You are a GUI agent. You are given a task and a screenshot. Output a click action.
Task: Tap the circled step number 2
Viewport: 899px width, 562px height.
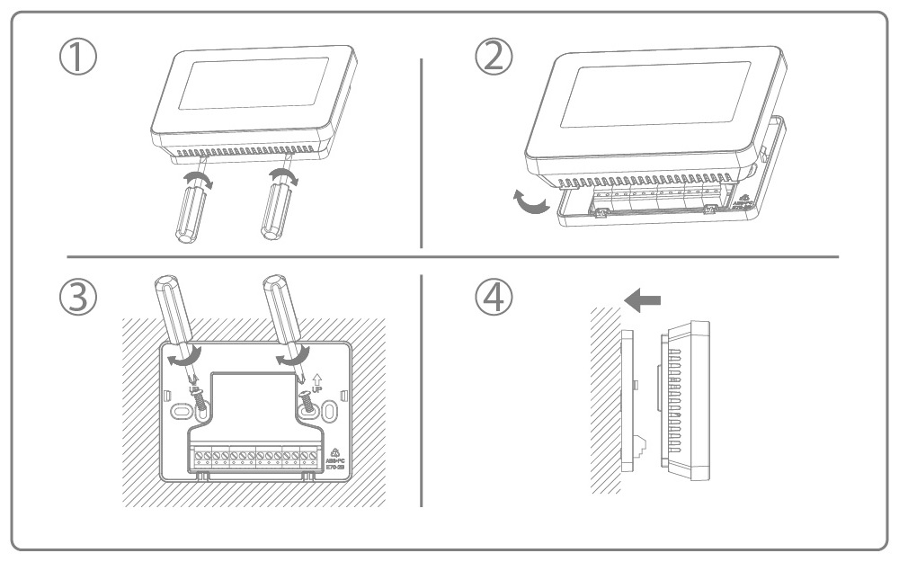[494, 58]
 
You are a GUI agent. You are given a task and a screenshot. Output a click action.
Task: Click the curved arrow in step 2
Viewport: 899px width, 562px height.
[527, 202]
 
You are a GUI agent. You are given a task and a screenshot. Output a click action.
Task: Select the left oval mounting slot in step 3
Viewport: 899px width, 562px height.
[180, 413]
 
